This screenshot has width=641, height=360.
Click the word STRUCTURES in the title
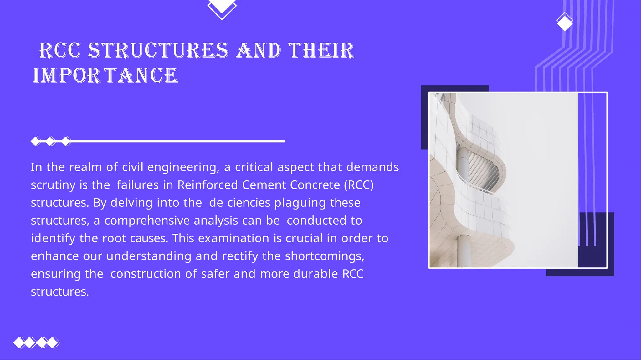point(158,50)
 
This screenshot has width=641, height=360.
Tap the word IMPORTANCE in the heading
point(105,75)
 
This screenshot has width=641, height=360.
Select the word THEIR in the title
point(321,50)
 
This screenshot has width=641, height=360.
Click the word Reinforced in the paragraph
point(208,185)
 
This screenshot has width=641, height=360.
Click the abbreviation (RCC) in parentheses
point(359,185)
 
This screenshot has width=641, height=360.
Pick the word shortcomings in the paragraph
point(324,256)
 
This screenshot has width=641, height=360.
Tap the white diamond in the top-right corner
point(565,22)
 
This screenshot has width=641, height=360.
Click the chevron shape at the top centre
point(222,9)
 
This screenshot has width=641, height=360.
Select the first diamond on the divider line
point(36,141)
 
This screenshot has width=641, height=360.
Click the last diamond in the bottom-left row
point(54,342)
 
